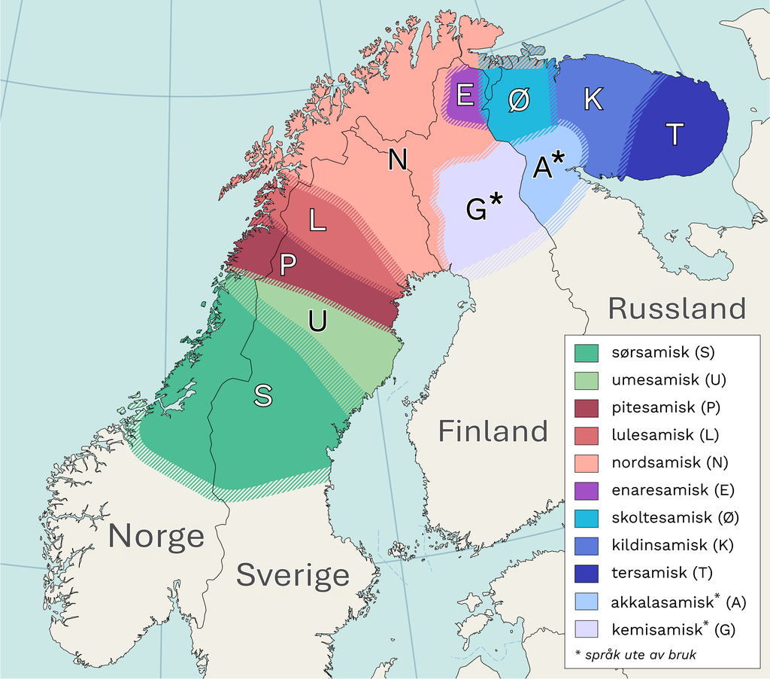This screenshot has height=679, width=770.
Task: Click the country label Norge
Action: click(156, 536)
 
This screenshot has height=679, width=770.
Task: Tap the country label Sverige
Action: click(293, 575)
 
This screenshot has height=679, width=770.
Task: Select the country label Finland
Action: click(493, 431)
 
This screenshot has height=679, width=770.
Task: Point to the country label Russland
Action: click(677, 309)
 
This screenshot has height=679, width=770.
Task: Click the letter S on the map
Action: click(262, 395)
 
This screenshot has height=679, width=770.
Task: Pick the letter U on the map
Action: click(317, 321)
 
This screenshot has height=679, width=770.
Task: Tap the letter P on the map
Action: click(288, 265)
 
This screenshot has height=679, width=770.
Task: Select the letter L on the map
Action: click(317, 220)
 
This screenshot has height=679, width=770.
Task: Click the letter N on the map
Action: click(398, 160)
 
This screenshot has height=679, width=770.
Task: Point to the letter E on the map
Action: click(465, 96)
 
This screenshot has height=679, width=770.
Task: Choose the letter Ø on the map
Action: click(517, 101)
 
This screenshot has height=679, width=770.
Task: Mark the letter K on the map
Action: click(593, 99)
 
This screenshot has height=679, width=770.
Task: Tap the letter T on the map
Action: click(675, 135)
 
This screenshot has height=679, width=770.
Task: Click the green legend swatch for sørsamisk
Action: click(586, 352)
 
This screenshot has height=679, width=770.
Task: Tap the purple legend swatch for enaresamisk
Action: click(586, 490)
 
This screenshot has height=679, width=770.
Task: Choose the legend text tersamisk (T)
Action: click(659, 572)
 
